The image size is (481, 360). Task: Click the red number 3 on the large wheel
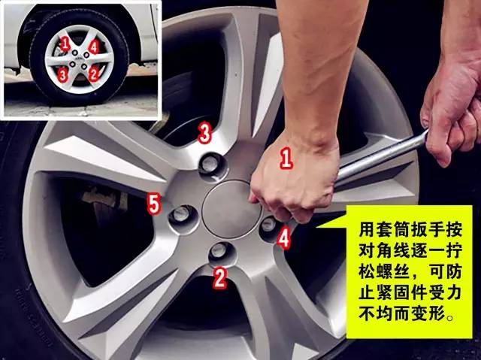pyautogui.click(x=205, y=133)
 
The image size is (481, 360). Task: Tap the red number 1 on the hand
pyautogui.click(x=286, y=159)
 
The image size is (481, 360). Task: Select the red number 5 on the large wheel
pyautogui.click(x=153, y=204)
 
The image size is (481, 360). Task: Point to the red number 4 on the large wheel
pyautogui.click(x=284, y=238)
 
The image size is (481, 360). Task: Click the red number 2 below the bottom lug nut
pyautogui.click(x=219, y=279)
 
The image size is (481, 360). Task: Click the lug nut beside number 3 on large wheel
pyautogui.click(x=212, y=167)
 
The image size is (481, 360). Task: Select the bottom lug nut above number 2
pyautogui.click(x=222, y=253)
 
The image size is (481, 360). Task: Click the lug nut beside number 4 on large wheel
pyautogui.click(x=269, y=228)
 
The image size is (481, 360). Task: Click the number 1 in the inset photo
pyautogui.click(x=65, y=44)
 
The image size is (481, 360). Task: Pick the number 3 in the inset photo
pyautogui.click(x=62, y=75)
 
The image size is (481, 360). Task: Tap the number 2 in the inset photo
pyautogui.click(x=93, y=74)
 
